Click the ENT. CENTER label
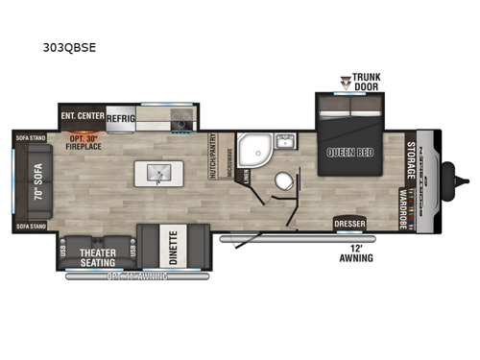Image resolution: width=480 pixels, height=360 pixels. click(82, 116)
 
